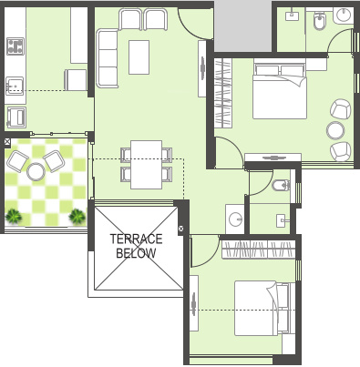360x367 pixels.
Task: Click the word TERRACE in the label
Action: (x=136, y=239)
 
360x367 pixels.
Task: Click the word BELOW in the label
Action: (x=136, y=253)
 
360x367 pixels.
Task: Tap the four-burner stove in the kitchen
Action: (x=15, y=46)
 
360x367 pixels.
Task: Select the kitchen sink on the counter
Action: (x=15, y=86)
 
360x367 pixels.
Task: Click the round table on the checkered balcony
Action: (x=36, y=171)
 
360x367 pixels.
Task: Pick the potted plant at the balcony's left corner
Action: (x=14, y=217)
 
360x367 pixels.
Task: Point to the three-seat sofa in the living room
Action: (x=108, y=58)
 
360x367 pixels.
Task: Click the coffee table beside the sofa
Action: (x=139, y=57)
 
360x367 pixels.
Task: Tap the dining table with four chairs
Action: (x=146, y=165)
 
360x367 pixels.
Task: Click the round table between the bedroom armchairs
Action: (x=335, y=130)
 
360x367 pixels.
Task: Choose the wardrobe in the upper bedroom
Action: (x=223, y=93)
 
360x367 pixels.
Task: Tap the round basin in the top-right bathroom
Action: (x=344, y=15)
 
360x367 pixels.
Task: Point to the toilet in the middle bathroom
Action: (x=281, y=185)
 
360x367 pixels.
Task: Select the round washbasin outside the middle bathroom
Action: (x=235, y=219)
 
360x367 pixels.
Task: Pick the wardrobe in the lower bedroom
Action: (x=259, y=250)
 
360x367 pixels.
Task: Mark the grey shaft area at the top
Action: (x=242, y=26)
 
